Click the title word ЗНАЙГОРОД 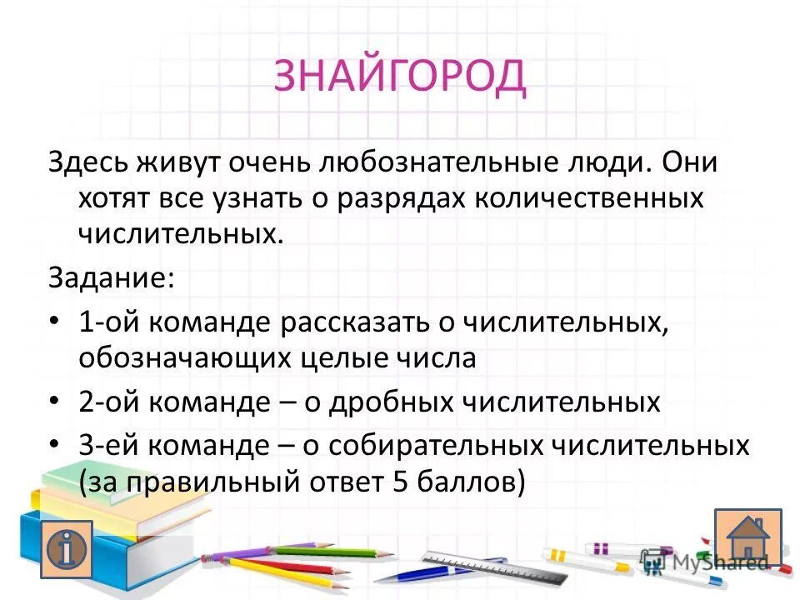pyautogui.click(x=400, y=77)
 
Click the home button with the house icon pyautogui.click(x=747, y=537)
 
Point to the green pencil pyautogui.click(x=333, y=552)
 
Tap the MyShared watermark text pyautogui.click(x=725, y=562)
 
